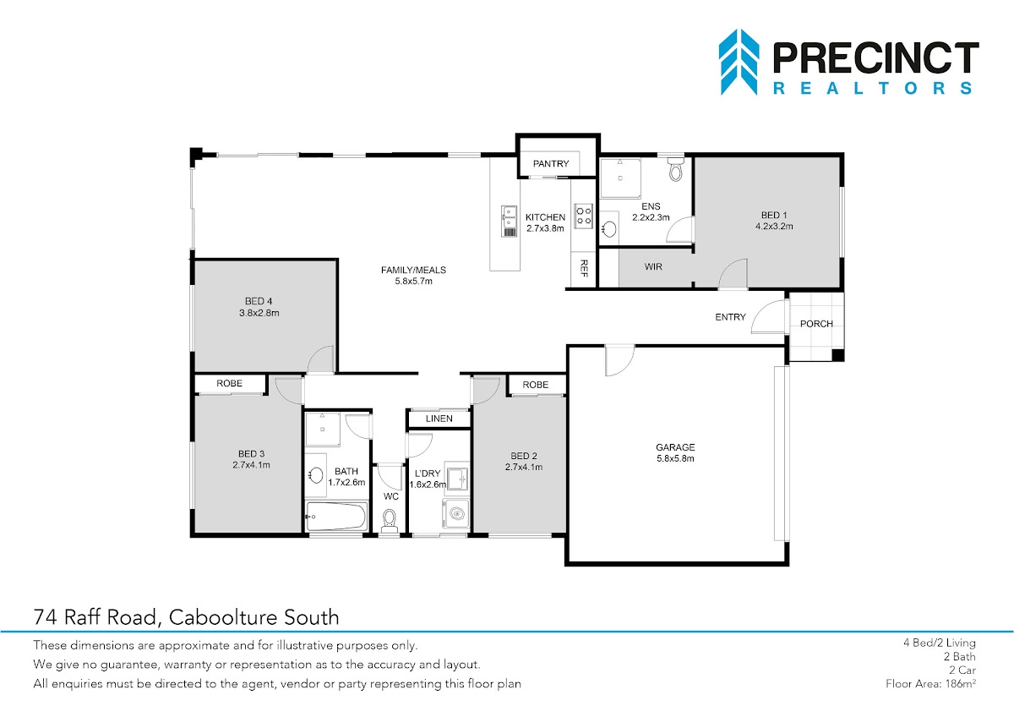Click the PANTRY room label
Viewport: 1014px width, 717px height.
(x=550, y=163)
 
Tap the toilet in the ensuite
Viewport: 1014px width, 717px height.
(x=675, y=169)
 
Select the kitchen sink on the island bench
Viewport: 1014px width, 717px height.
(x=510, y=221)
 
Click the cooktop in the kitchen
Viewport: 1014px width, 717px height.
(x=584, y=216)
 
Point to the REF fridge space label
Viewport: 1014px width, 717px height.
(x=584, y=268)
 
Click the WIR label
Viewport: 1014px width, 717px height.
(x=653, y=267)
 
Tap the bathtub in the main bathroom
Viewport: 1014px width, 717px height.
(x=336, y=517)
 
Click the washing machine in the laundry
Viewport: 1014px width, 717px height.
(x=455, y=513)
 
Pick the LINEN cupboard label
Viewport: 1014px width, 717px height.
(x=439, y=419)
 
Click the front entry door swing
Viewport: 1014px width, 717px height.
(x=769, y=317)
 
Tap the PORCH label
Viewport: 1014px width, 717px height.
(x=816, y=324)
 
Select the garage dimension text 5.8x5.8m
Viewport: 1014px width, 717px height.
(x=675, y=458)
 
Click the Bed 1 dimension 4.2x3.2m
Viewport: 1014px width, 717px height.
(x=774, y=226)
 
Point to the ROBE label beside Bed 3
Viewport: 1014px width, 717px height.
(x=229, y=383)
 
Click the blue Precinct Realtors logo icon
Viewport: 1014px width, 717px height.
(x=739, y=62)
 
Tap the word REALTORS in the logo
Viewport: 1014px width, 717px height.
(x=873, y=88)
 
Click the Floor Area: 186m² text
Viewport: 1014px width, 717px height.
(x=930, y=683)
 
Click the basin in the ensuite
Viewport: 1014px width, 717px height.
(x=609, y=229)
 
